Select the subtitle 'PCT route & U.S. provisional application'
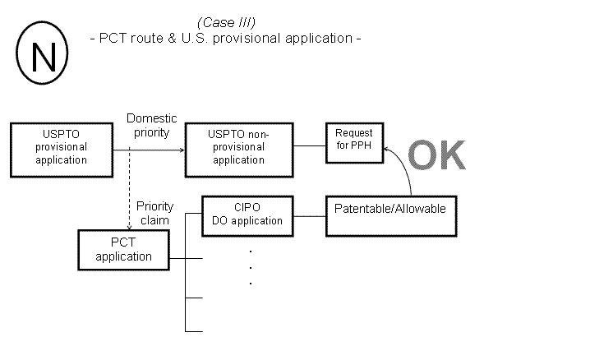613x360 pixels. click(225, 39)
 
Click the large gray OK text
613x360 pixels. click(436, 155)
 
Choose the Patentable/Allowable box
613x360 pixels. click(390, 216)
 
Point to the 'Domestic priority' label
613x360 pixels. click(151, 125)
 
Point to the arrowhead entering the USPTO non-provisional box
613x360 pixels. click(182, 147)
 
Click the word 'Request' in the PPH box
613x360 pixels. click(354, 133)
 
